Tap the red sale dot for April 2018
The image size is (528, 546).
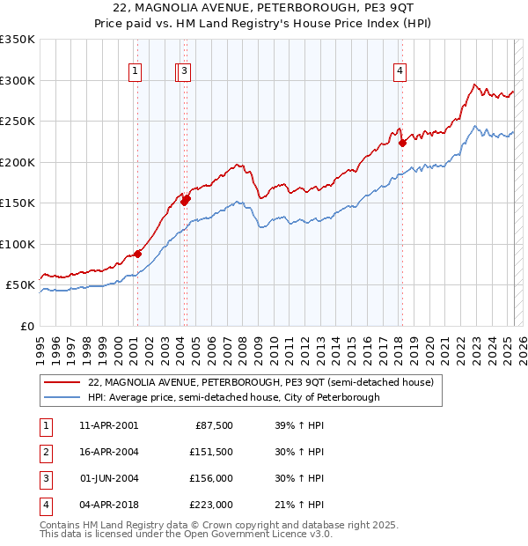[402, 142]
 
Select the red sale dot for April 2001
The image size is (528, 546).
[137, 255]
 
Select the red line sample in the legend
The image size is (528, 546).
[62, 383]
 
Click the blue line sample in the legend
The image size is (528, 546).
[62, 398]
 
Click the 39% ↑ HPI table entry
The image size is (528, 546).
[298, 425]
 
